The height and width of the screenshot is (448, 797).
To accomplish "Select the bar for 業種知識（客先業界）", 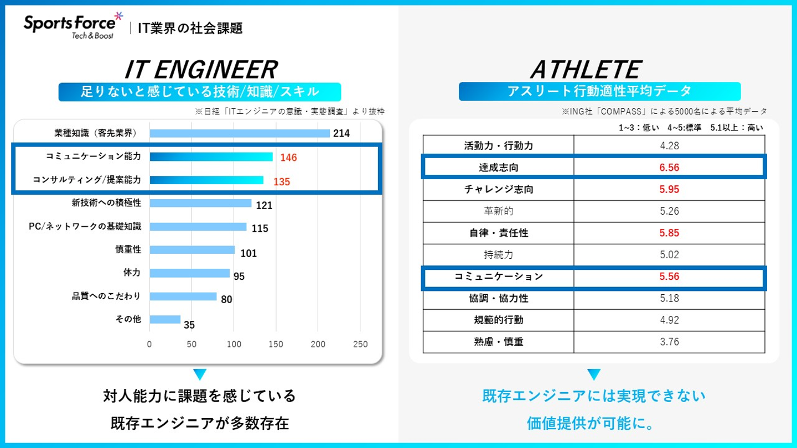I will pos(240,133).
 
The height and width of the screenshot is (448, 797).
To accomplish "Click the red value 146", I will pos(288,158).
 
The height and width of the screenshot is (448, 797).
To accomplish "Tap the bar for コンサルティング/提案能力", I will pos(206,180).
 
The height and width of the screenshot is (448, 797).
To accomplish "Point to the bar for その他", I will pos(165,319).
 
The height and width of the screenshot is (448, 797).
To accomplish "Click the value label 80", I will pos(226,299).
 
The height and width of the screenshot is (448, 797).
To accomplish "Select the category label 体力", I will pos(132,273).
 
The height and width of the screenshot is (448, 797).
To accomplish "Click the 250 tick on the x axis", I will pos(360,344).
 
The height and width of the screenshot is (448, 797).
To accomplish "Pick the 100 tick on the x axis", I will pos(234,344).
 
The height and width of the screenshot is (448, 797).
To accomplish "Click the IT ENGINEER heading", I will pos(200,70).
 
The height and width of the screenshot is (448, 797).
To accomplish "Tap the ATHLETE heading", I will pos(585,70).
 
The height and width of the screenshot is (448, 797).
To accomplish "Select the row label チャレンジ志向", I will pos(498,189).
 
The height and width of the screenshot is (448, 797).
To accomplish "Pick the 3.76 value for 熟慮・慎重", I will pos(669,341).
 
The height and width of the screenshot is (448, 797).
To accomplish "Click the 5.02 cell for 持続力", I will pos(669,255).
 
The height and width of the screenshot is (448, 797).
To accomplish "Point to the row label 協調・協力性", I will pos(498,298).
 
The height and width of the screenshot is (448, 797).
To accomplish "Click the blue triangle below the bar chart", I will pos(200,374).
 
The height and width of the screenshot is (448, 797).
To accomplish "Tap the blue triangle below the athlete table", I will pos(594,374).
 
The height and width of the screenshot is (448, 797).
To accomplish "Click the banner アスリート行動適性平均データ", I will pos(599,91).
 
